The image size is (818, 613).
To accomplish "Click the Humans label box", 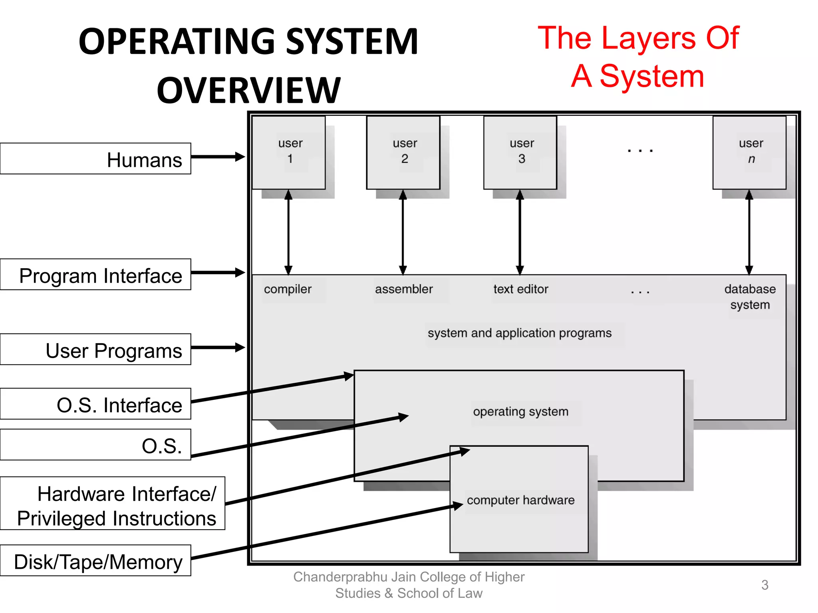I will click(95, 159).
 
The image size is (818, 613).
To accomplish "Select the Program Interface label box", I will click(95, 275).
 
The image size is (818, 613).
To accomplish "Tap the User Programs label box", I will click(95, 350).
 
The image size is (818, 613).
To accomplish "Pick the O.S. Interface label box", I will click(95, 404).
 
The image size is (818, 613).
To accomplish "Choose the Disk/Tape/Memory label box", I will click(95, 561).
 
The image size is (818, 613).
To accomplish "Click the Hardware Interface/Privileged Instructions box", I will click(113, 504).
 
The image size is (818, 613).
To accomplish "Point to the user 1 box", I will click(289, 152).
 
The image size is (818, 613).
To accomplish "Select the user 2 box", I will click(403, 152).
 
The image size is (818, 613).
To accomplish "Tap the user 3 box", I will click(520, 152).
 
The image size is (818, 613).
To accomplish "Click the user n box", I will click(750, 152).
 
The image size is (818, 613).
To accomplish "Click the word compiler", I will click(288, 289).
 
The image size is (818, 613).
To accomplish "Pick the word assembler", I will click(404, 289).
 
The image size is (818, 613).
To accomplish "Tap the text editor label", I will click(521, 289).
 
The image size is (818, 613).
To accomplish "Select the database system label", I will click(750, 297).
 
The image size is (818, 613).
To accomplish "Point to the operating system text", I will click(521, 411).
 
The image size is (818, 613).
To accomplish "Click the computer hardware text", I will click(521, 500).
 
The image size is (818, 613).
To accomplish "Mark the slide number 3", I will click(765, 585).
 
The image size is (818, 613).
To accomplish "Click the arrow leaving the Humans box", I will click(218, 157).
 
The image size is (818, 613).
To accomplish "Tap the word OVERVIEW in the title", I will click(248, 91).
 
